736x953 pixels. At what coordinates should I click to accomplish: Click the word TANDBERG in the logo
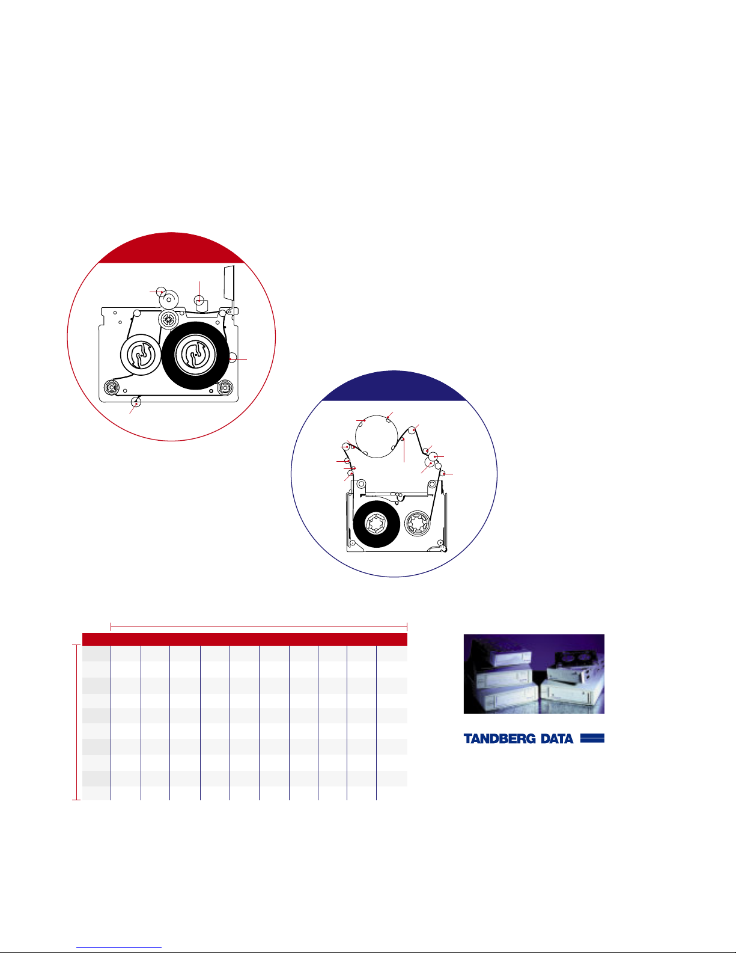click(x=499, y=738)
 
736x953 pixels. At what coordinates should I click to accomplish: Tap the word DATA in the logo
click(x=557, y=738)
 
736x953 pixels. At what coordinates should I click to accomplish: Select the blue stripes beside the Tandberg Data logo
click(x=592, y=738)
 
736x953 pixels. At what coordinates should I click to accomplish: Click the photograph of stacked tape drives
click(x=534, y=673)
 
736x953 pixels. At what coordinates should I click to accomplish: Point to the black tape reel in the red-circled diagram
click(x=195, y=355)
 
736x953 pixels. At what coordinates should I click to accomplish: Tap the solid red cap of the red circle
click(x=171, y=248)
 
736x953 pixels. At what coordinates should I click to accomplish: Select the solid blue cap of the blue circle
click(x=394, y=386)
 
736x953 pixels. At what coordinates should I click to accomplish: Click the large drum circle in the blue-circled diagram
click(x=376, y=437)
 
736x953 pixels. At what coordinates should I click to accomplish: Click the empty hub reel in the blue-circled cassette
click(x=418, y=524)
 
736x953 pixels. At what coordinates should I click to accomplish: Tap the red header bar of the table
click(x=245, y=639)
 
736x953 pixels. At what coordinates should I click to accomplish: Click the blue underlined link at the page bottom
click(x=119, y=948)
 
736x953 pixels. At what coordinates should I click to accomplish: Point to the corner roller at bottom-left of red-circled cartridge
click(x=112, y=388)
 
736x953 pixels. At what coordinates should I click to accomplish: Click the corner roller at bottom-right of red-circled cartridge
click(x=225, y=388)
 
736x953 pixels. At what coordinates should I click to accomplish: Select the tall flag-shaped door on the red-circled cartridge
click(x=229, y=287)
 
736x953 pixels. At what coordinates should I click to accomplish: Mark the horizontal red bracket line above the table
click(x=259, y=627)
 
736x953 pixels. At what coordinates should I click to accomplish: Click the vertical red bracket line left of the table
click(x=77, y=722)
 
